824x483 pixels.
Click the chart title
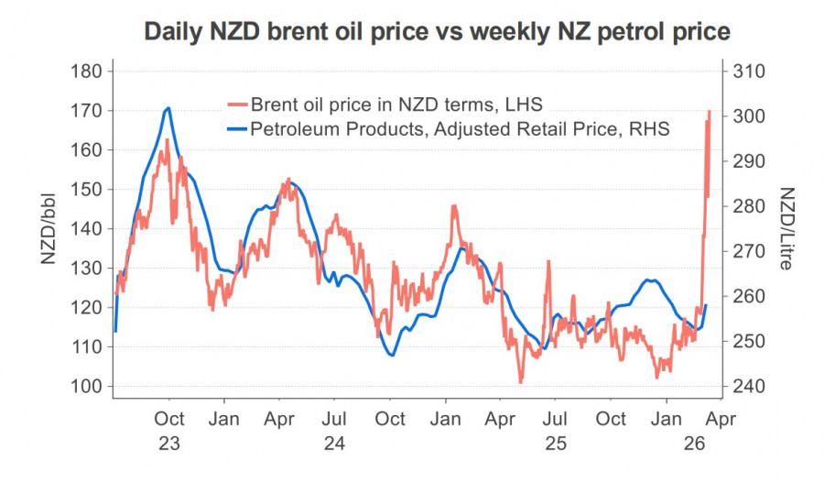coord(437,32)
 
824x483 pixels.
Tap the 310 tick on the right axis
coord(748,71)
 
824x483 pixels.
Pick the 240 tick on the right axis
coord(748,386)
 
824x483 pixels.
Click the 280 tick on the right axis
coord(748,206)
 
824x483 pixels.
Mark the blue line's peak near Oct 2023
coord(168,108)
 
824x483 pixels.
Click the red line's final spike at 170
coord(710,112)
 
